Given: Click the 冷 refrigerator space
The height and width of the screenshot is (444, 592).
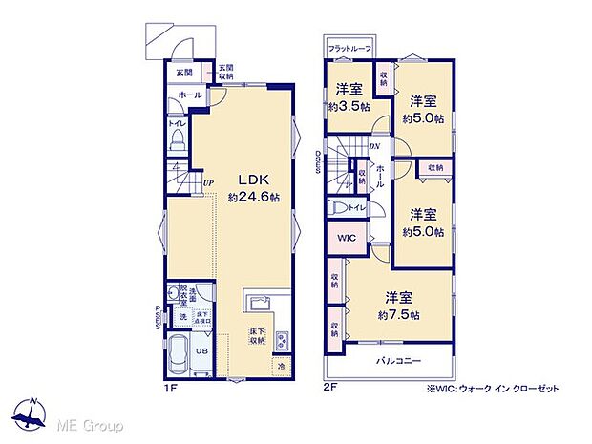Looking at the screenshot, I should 283,365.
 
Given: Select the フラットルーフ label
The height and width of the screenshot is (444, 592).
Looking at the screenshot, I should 349,48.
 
